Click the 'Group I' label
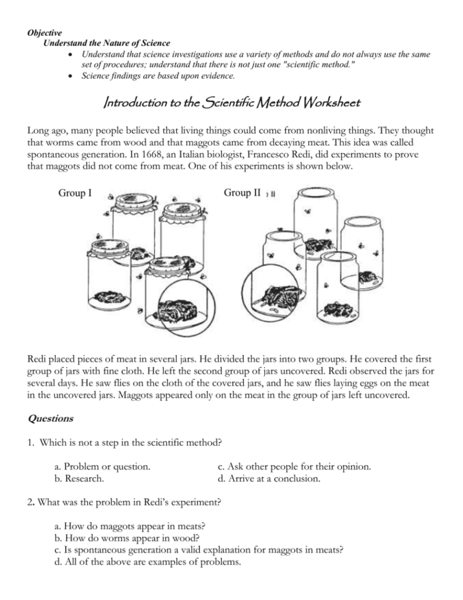75,194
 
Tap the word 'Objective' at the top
44,31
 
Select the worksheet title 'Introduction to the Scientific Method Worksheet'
231,103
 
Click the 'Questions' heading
51,418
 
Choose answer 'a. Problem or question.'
103,466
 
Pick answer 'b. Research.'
79,478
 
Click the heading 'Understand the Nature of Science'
106,43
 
